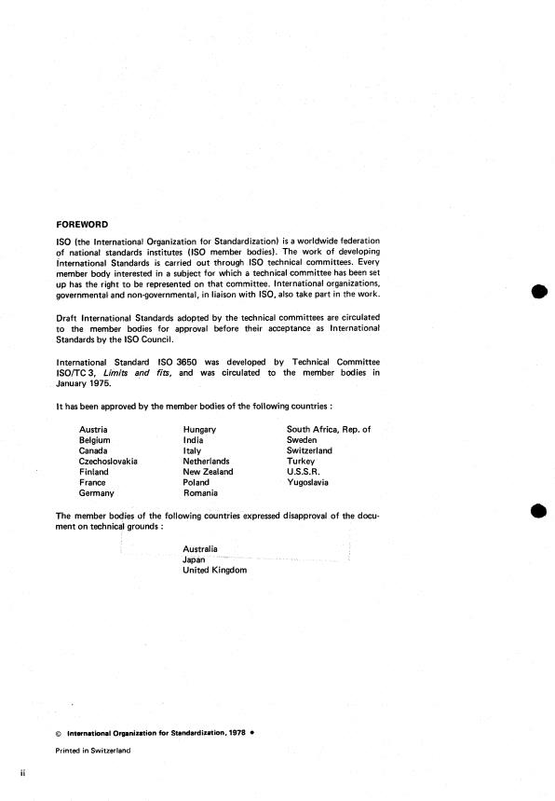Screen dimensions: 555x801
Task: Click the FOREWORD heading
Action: point(82,224)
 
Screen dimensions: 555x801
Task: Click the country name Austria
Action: point(93,429)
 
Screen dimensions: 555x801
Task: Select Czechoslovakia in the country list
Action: point(108,461)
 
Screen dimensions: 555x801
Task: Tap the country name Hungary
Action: point(199,429)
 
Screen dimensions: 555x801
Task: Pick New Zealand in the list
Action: point(209,472)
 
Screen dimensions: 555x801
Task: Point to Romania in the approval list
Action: point(200,493)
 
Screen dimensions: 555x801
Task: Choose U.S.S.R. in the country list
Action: point(304,472)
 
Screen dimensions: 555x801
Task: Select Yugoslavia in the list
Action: point(307,483)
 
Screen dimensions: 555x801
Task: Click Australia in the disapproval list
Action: point(201,549)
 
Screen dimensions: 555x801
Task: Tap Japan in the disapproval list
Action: point(195,559)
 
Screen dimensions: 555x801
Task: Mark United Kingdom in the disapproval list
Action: point(215,571)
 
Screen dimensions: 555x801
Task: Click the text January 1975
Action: point(88,383)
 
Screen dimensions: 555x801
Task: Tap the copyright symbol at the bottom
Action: point(59,733)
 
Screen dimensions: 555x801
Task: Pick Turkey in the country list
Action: point(301,461)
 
